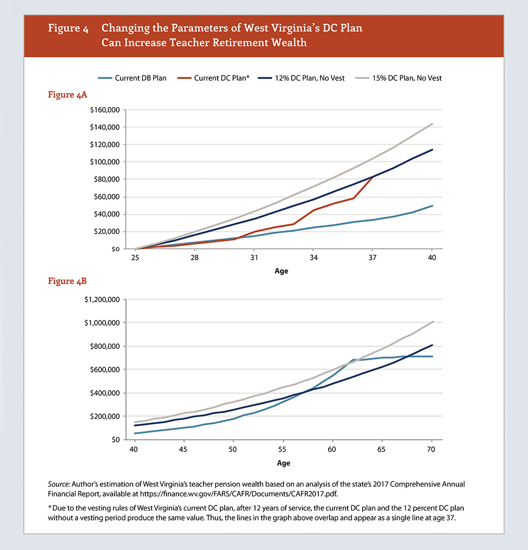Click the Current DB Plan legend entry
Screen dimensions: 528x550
pyautogui.click(x=132, y=78)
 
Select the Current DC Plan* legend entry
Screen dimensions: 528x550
pyautogui.click(x=213, y=78)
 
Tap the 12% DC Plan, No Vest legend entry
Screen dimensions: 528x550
pyautogui.click(x=302, y=78)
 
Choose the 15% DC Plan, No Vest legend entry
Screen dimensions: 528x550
pyautogui.click(x=399, y=78)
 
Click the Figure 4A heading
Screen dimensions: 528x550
pyautogui.click(x=68, y=95)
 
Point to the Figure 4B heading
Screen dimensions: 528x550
pyautogui.click(x=67, y=281)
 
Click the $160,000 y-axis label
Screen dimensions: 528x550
pyautogui.click(x=105, y=110)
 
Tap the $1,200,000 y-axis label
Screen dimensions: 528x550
pyautogui.click(x=102, y=300)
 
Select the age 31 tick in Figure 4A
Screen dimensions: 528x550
pyautogui.click(x=254, y=257)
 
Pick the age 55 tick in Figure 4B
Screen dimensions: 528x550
pyautogui.click(x=282, y=449)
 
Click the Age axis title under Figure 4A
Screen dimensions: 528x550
pyautogui.click(x=281, y=271)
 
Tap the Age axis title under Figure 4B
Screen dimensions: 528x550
pyautogui.click(x=284, y=463)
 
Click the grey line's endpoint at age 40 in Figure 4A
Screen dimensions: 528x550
pyautogui.click(x=432, y=124)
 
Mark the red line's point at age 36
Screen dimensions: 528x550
pyautogui.click(x=353, y=198)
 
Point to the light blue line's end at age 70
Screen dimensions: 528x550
pyautogui.click(x=432, y=356)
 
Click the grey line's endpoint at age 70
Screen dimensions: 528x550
pyautogui.click(x=433, y=322)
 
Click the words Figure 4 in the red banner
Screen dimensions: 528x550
pyautogui.click(x=68, y=28)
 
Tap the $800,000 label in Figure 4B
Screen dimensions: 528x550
pyautogui.click(x=105, y=346)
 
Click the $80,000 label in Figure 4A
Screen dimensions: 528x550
pyautogui.click(x=106, y=179)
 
